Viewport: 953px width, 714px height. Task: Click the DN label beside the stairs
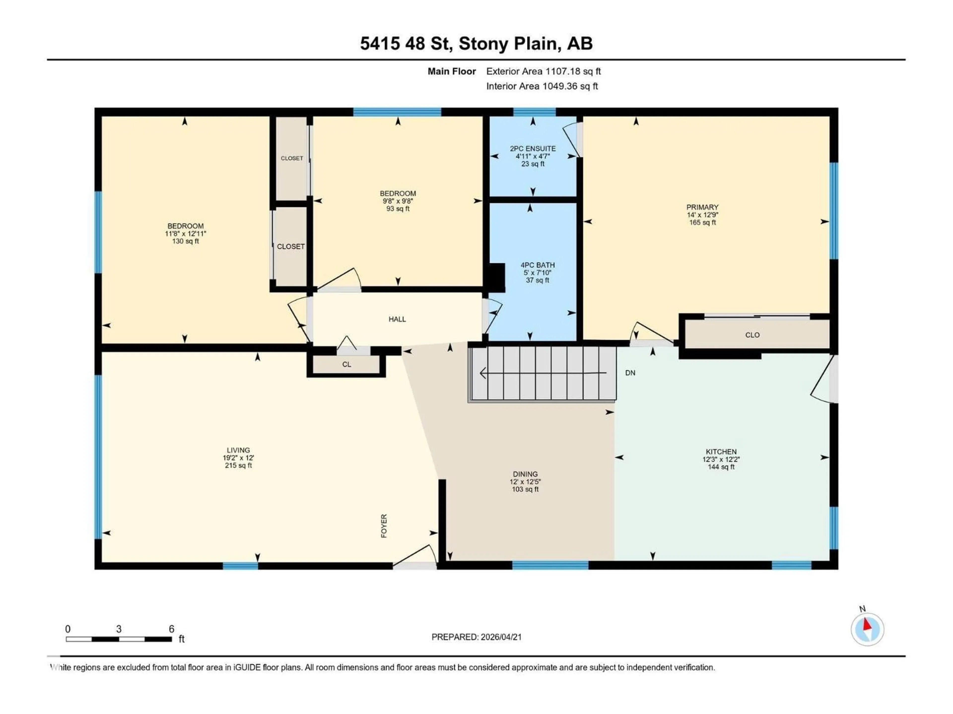tap(630, 373)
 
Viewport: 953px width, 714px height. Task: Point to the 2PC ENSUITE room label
tap(533, 149)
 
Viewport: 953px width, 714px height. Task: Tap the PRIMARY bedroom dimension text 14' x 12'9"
tap(702, 215)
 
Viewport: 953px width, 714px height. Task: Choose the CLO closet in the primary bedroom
tap(752, 335)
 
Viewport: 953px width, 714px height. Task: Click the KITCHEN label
tap(721, 451)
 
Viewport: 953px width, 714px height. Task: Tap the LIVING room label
tap(238, 450)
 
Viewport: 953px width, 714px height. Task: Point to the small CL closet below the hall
tap(346, 364)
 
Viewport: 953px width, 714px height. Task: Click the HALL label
tap(397, 319)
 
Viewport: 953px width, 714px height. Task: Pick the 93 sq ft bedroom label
tap(398, 209)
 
